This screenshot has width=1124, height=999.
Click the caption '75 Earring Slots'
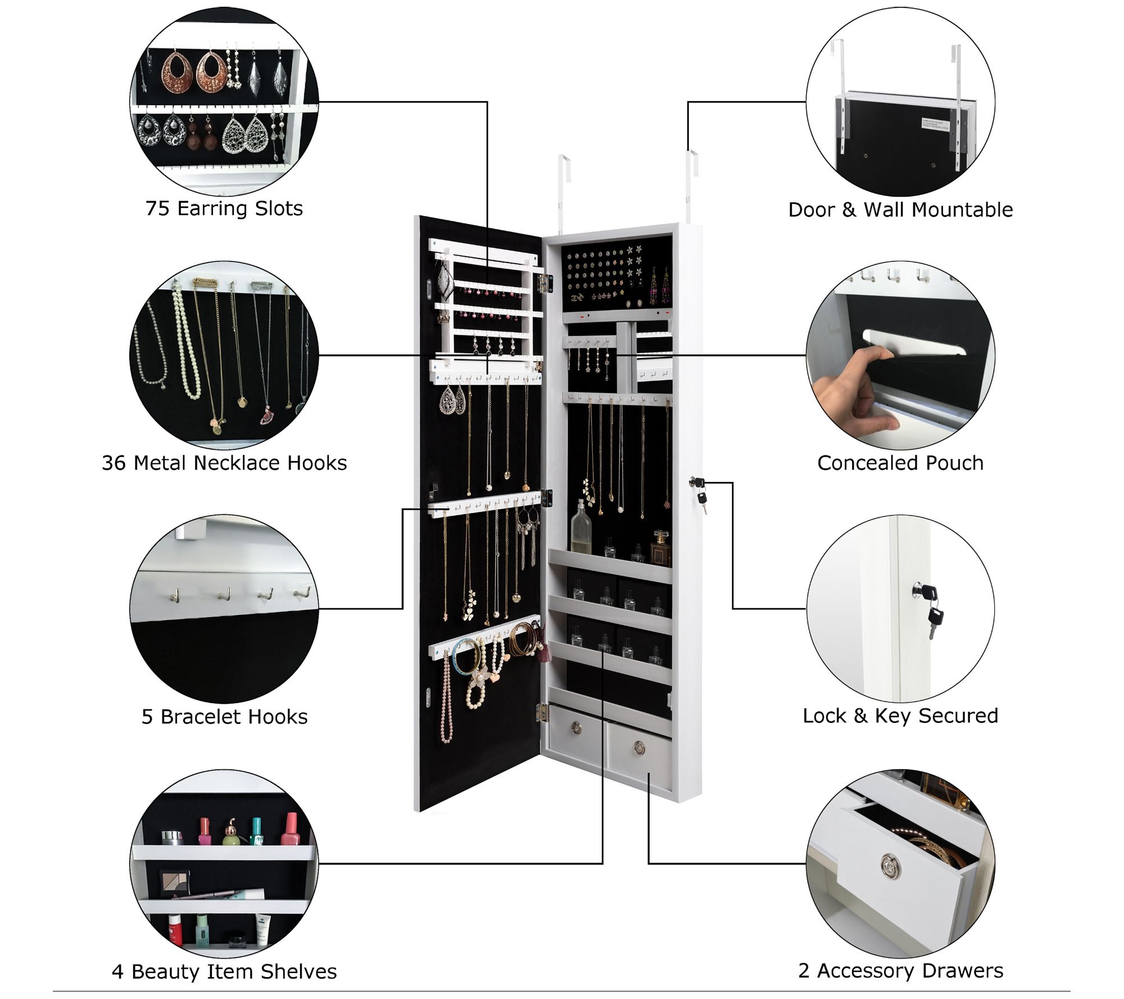pyautogui.click(x=224, y=209)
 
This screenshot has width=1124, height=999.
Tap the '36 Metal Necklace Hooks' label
pyautogui.click(x=224, y=463)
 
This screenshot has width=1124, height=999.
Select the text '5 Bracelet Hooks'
pyautogui.click(x=224, y=716)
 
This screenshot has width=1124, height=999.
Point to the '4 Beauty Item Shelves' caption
pyautogui.click(x=224, y=971)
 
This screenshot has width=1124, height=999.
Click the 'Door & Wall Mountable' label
pyautogui.click(x=900, y=210)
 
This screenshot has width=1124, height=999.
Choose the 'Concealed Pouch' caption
pyautogui.click(x=900, y=463)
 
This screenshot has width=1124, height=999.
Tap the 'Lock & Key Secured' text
pyautogui.click(x=900, y=716)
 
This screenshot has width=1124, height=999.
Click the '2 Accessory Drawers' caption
pyautogui.click(x=900, y=970)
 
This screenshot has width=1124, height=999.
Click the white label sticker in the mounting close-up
pyautogui.click(x=935, y=123)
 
